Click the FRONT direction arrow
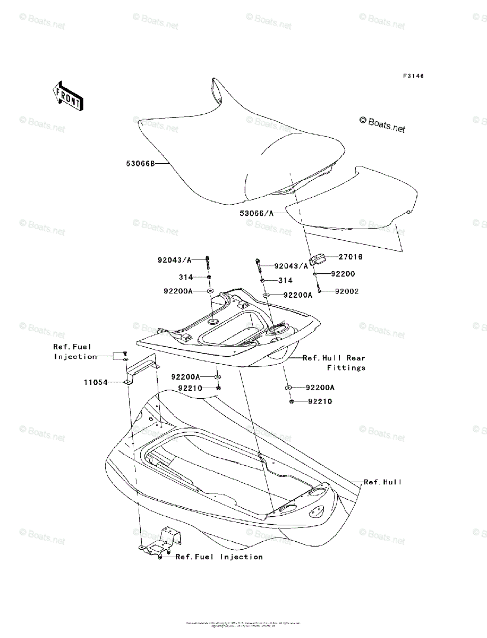(x=67, y=95)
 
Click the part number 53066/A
(x=257, y=213)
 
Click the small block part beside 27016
(x=318, y=260)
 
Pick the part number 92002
(x=347, y=291)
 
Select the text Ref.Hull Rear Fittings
(x=335, y=363)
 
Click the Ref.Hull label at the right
(x=383, y=482)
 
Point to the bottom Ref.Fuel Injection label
(x=219, y=557)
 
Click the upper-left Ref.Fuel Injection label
(x=74, y=351)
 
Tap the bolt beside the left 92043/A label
(x=208, y=263)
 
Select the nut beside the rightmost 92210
(x=292, y=401)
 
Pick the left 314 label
(x=186, y=277)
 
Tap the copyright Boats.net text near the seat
(x=382, y=125)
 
